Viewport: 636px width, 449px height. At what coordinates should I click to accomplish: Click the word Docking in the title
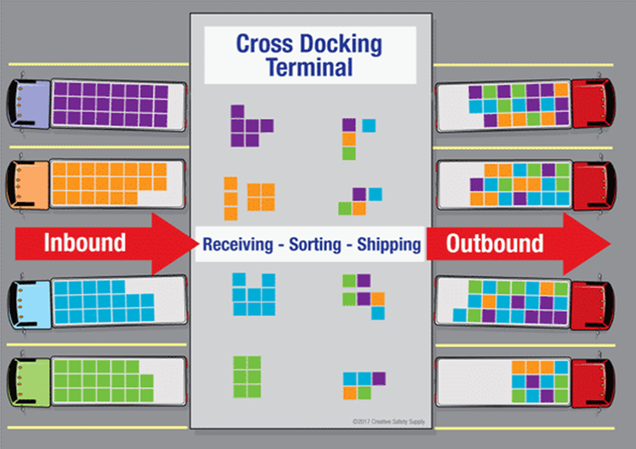(x=341, y=44)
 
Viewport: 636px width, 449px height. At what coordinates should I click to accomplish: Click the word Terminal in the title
(x=309, y=67)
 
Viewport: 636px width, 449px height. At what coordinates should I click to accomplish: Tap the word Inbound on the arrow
(x=85, y=242)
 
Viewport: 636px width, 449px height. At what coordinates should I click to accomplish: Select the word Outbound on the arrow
(x=495, y=243)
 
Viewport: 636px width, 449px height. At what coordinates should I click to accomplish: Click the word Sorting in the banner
(x=315, y=244)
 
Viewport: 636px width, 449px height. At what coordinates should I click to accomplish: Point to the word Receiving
(x=237, y=244)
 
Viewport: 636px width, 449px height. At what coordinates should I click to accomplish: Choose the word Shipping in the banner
(x=388, y=244)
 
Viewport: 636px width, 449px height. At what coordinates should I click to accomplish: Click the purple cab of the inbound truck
(x=30, y=104)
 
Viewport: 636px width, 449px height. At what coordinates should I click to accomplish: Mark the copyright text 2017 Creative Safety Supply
(x=388, y=422)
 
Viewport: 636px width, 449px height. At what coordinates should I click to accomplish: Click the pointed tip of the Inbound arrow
(x=199, y=244)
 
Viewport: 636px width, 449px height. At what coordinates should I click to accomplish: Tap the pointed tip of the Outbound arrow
(x=611, y=244)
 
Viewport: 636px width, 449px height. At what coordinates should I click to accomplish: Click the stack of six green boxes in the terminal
(x=247, y=377)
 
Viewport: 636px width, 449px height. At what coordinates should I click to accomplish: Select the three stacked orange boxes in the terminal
(x=231, y=198)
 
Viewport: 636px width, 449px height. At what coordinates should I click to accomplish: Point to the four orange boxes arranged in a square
(x=261, y=197)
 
